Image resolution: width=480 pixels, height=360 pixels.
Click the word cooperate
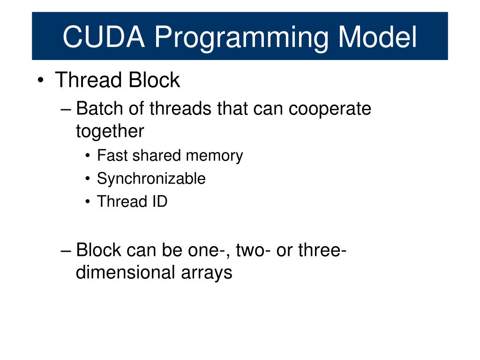pyautogui.click(x=330, y=109)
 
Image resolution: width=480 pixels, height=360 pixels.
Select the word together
pyautogui.click(x=110, y=132)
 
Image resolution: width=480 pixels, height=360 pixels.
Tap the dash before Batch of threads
pyautogui.click(x=67, y=109)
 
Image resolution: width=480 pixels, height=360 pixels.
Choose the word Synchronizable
pyautogui.click(x=151, y=179)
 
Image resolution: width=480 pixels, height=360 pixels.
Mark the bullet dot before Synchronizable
pyautogui.click(x=89, y=179)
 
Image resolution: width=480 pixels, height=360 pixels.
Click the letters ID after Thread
pyautogui.click(x=159, y=202)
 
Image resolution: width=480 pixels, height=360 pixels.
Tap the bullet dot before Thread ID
pyautogui.click(x=89, y=202)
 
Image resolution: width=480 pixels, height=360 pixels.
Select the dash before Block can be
pyautogui.click(x=67, y=250)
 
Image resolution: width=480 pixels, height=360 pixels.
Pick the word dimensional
pyautogui.click(x=123, y=272)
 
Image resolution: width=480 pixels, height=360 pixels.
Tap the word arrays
pyautogui.click(x=207, y=273)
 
